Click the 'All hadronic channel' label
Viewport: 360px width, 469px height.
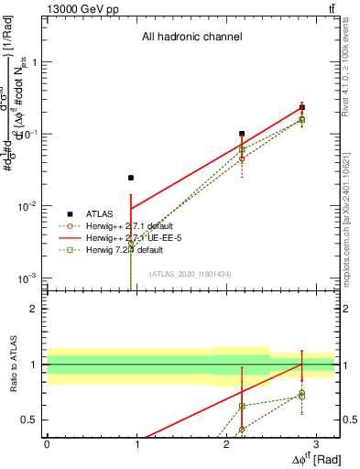coord(191,38)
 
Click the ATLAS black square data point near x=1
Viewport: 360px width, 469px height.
coord(131,178)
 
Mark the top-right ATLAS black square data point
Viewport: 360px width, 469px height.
coord(302,107)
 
